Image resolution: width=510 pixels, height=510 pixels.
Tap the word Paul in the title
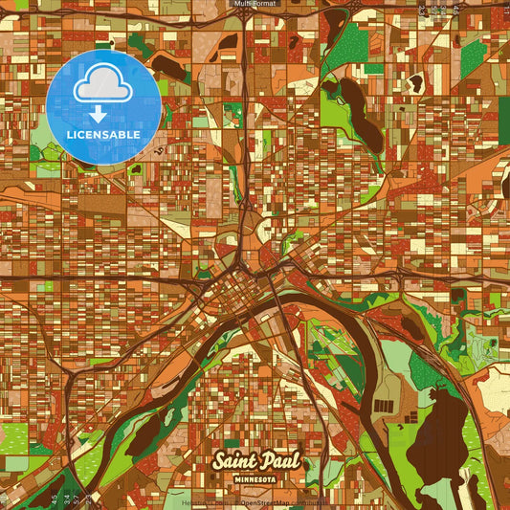(x=279, y=461)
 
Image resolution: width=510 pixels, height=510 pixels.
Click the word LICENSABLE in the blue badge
(x=103, y=135)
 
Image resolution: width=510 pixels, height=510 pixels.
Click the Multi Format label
(x=255, y=4)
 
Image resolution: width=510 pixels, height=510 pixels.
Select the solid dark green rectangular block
(x=504, y=115)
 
